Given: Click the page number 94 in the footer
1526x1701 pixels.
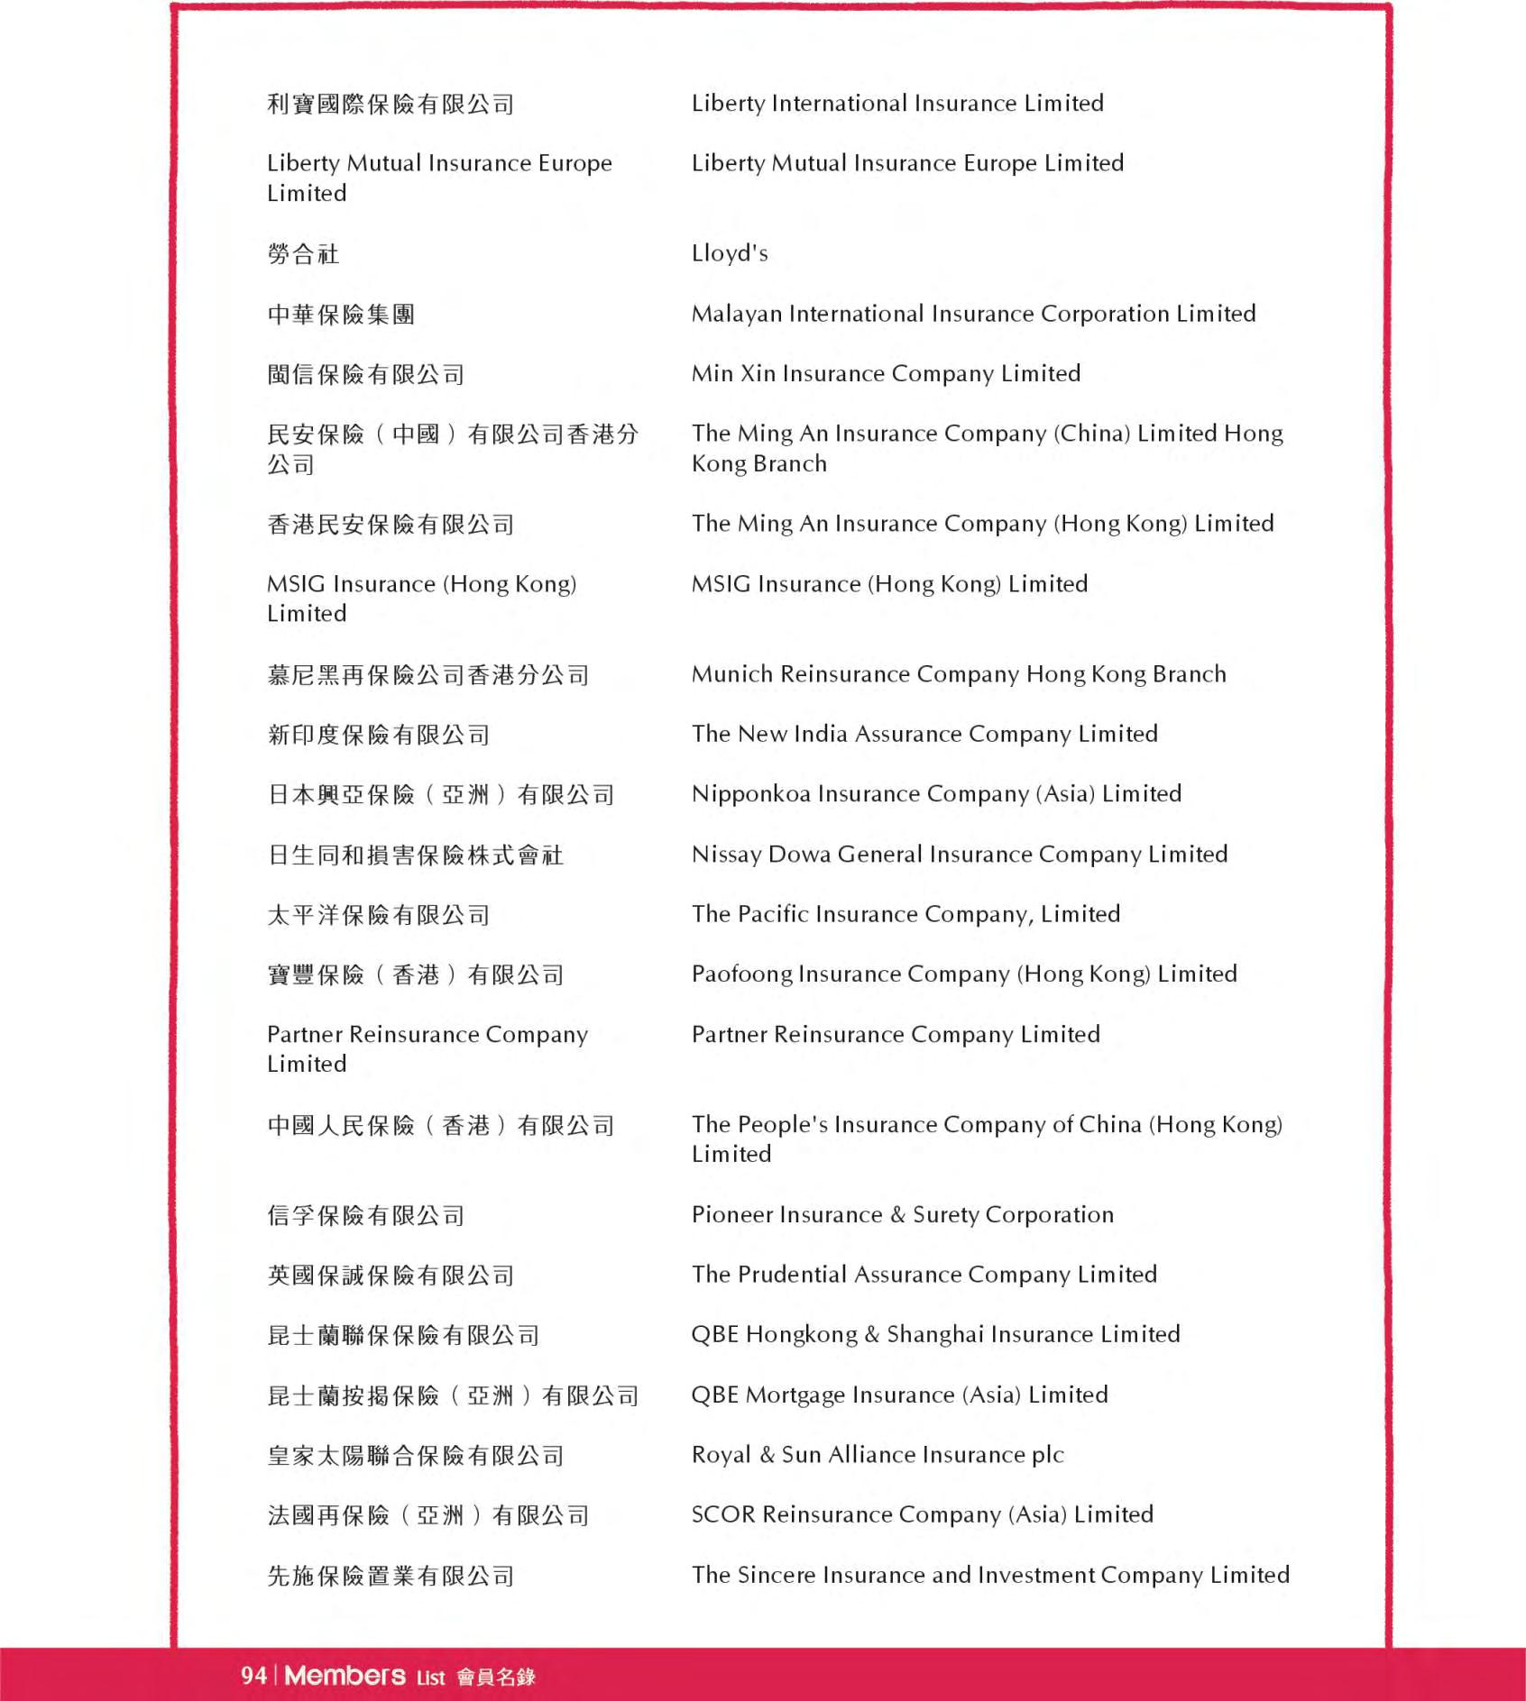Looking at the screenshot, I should tap(253, 1676).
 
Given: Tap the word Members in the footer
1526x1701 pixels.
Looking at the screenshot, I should tap(345, 1676).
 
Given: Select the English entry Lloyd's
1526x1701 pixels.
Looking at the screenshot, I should tap(730, 253).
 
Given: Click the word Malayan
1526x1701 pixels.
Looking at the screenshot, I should tap(736, 314).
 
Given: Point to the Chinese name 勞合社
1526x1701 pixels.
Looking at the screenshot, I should tap(303, 254).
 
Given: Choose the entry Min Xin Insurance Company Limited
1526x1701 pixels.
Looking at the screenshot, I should tap(886, 374).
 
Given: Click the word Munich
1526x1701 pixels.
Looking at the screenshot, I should tap(731, 674).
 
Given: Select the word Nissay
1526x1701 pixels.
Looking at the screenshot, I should tap(726, 855).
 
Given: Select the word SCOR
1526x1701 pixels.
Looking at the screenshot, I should tap(723, 1514).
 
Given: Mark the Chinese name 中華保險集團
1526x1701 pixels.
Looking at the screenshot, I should tap(341, 315).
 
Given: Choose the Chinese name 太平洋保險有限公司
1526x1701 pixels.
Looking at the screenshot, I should tap(378, 915).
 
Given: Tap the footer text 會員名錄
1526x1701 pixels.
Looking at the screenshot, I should tap(496, 1677).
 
